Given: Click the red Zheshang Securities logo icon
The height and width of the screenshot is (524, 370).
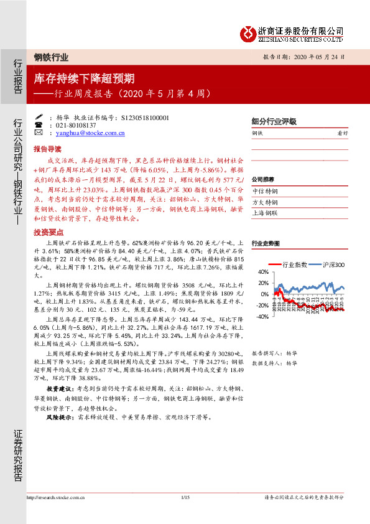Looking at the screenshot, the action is coord(249,32).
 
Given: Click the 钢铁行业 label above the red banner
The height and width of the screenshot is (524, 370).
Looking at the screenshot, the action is coord(51,57).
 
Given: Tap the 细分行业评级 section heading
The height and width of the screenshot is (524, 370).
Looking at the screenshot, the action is coord(274,122).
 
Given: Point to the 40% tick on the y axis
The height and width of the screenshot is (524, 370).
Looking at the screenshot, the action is coord(262,272).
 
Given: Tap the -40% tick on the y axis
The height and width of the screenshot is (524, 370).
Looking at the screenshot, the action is coord(262,317).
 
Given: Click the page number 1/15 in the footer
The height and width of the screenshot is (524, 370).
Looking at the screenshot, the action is coord(184,514).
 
